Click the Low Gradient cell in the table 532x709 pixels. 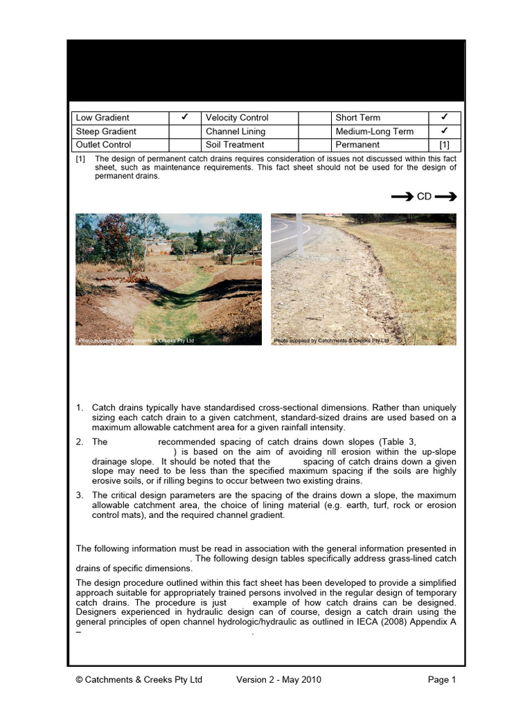(x=102, y=118)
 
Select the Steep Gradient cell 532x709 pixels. (x=106, y=132)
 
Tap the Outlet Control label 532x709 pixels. (x=104, y=145)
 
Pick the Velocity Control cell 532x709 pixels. (x=237, y=118)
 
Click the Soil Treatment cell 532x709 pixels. (x=235, y=145)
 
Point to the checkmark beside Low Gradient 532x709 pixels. (x=186, y=117)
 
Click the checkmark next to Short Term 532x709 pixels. (x=444, y=117)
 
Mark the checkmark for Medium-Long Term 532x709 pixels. (x=444, y=131)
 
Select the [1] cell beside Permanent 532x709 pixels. (x=444, y=145)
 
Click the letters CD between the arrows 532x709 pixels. (x=424, y=197)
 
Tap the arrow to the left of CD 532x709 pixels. (x=402, y=197)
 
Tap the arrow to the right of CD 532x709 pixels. (x=445, y=197)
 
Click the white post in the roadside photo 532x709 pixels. (x=300, y=235)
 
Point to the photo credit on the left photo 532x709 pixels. (x=136, y=341)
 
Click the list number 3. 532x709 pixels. (x=80, y=495)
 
